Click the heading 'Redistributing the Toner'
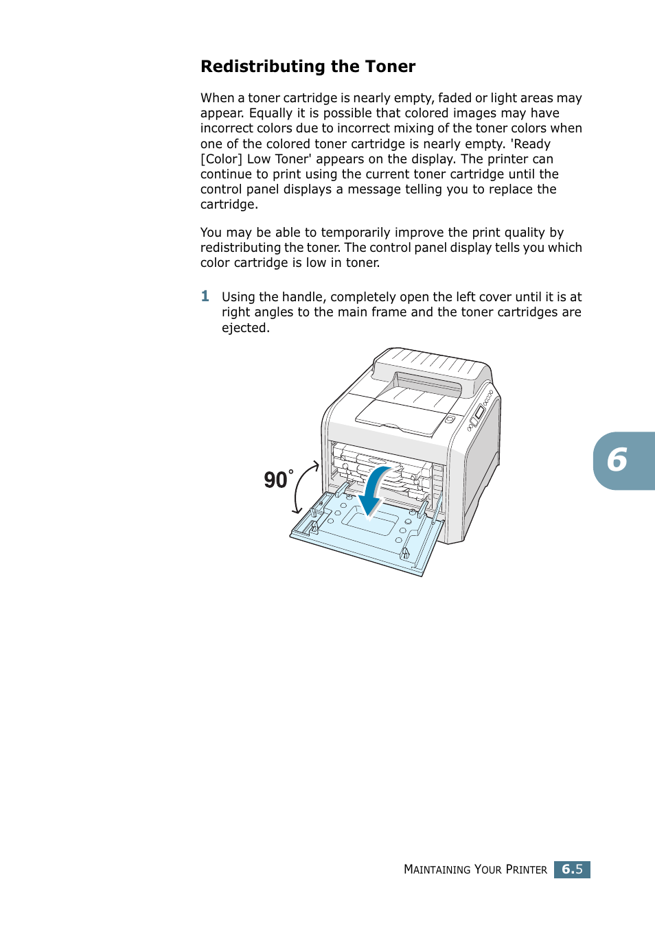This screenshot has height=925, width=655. point(308,67)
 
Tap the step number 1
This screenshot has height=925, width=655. point(205,296)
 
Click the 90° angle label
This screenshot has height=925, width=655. point(277,479)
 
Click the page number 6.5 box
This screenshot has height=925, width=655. point(572,869)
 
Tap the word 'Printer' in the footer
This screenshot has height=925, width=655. point(526,869)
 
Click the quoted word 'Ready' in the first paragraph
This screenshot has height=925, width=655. point(531,144)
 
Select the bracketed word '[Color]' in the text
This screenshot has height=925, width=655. point(221,159)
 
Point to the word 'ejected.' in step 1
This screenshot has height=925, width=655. point(245,328)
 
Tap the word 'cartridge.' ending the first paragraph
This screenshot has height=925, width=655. point(229,204)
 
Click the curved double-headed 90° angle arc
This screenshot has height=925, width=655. point(302,487)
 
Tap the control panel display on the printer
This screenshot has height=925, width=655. point(479,413)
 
